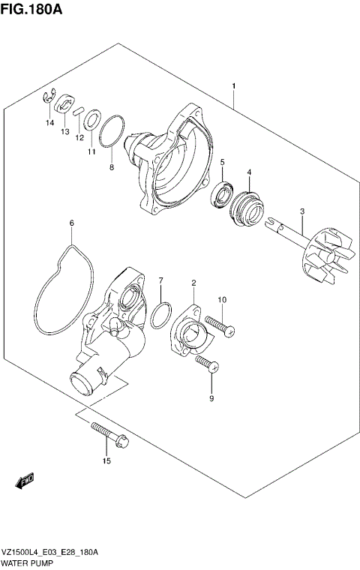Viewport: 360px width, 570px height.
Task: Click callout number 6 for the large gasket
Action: (x=71, y=223)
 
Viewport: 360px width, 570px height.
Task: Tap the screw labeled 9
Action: (x=206, y=365)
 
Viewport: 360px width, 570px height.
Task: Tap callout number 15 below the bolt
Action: (x=106, y=460)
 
